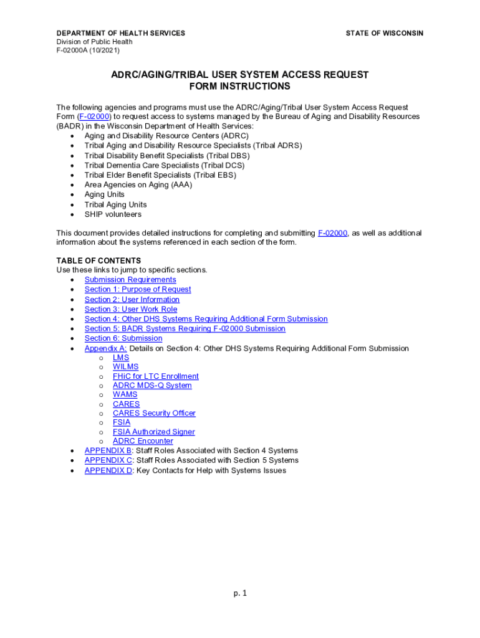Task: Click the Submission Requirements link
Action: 130,280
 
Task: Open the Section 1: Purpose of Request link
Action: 138,290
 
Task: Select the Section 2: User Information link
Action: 132,300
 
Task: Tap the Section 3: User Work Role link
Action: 131,309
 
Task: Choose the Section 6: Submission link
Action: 123,338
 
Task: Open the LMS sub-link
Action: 121,358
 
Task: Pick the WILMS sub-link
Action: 126,367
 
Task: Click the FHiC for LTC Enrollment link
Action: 156,376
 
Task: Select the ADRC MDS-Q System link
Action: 152,386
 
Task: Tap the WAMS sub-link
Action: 125,394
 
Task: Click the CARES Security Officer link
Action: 154,413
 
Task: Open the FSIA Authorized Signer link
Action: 153,432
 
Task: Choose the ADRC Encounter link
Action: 143,441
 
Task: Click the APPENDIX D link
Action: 108,470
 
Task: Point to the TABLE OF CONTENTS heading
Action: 98,260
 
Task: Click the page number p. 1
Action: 240,593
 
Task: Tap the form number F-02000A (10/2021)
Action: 88,50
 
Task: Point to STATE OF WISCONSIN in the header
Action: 384,33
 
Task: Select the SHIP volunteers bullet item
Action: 113,214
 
